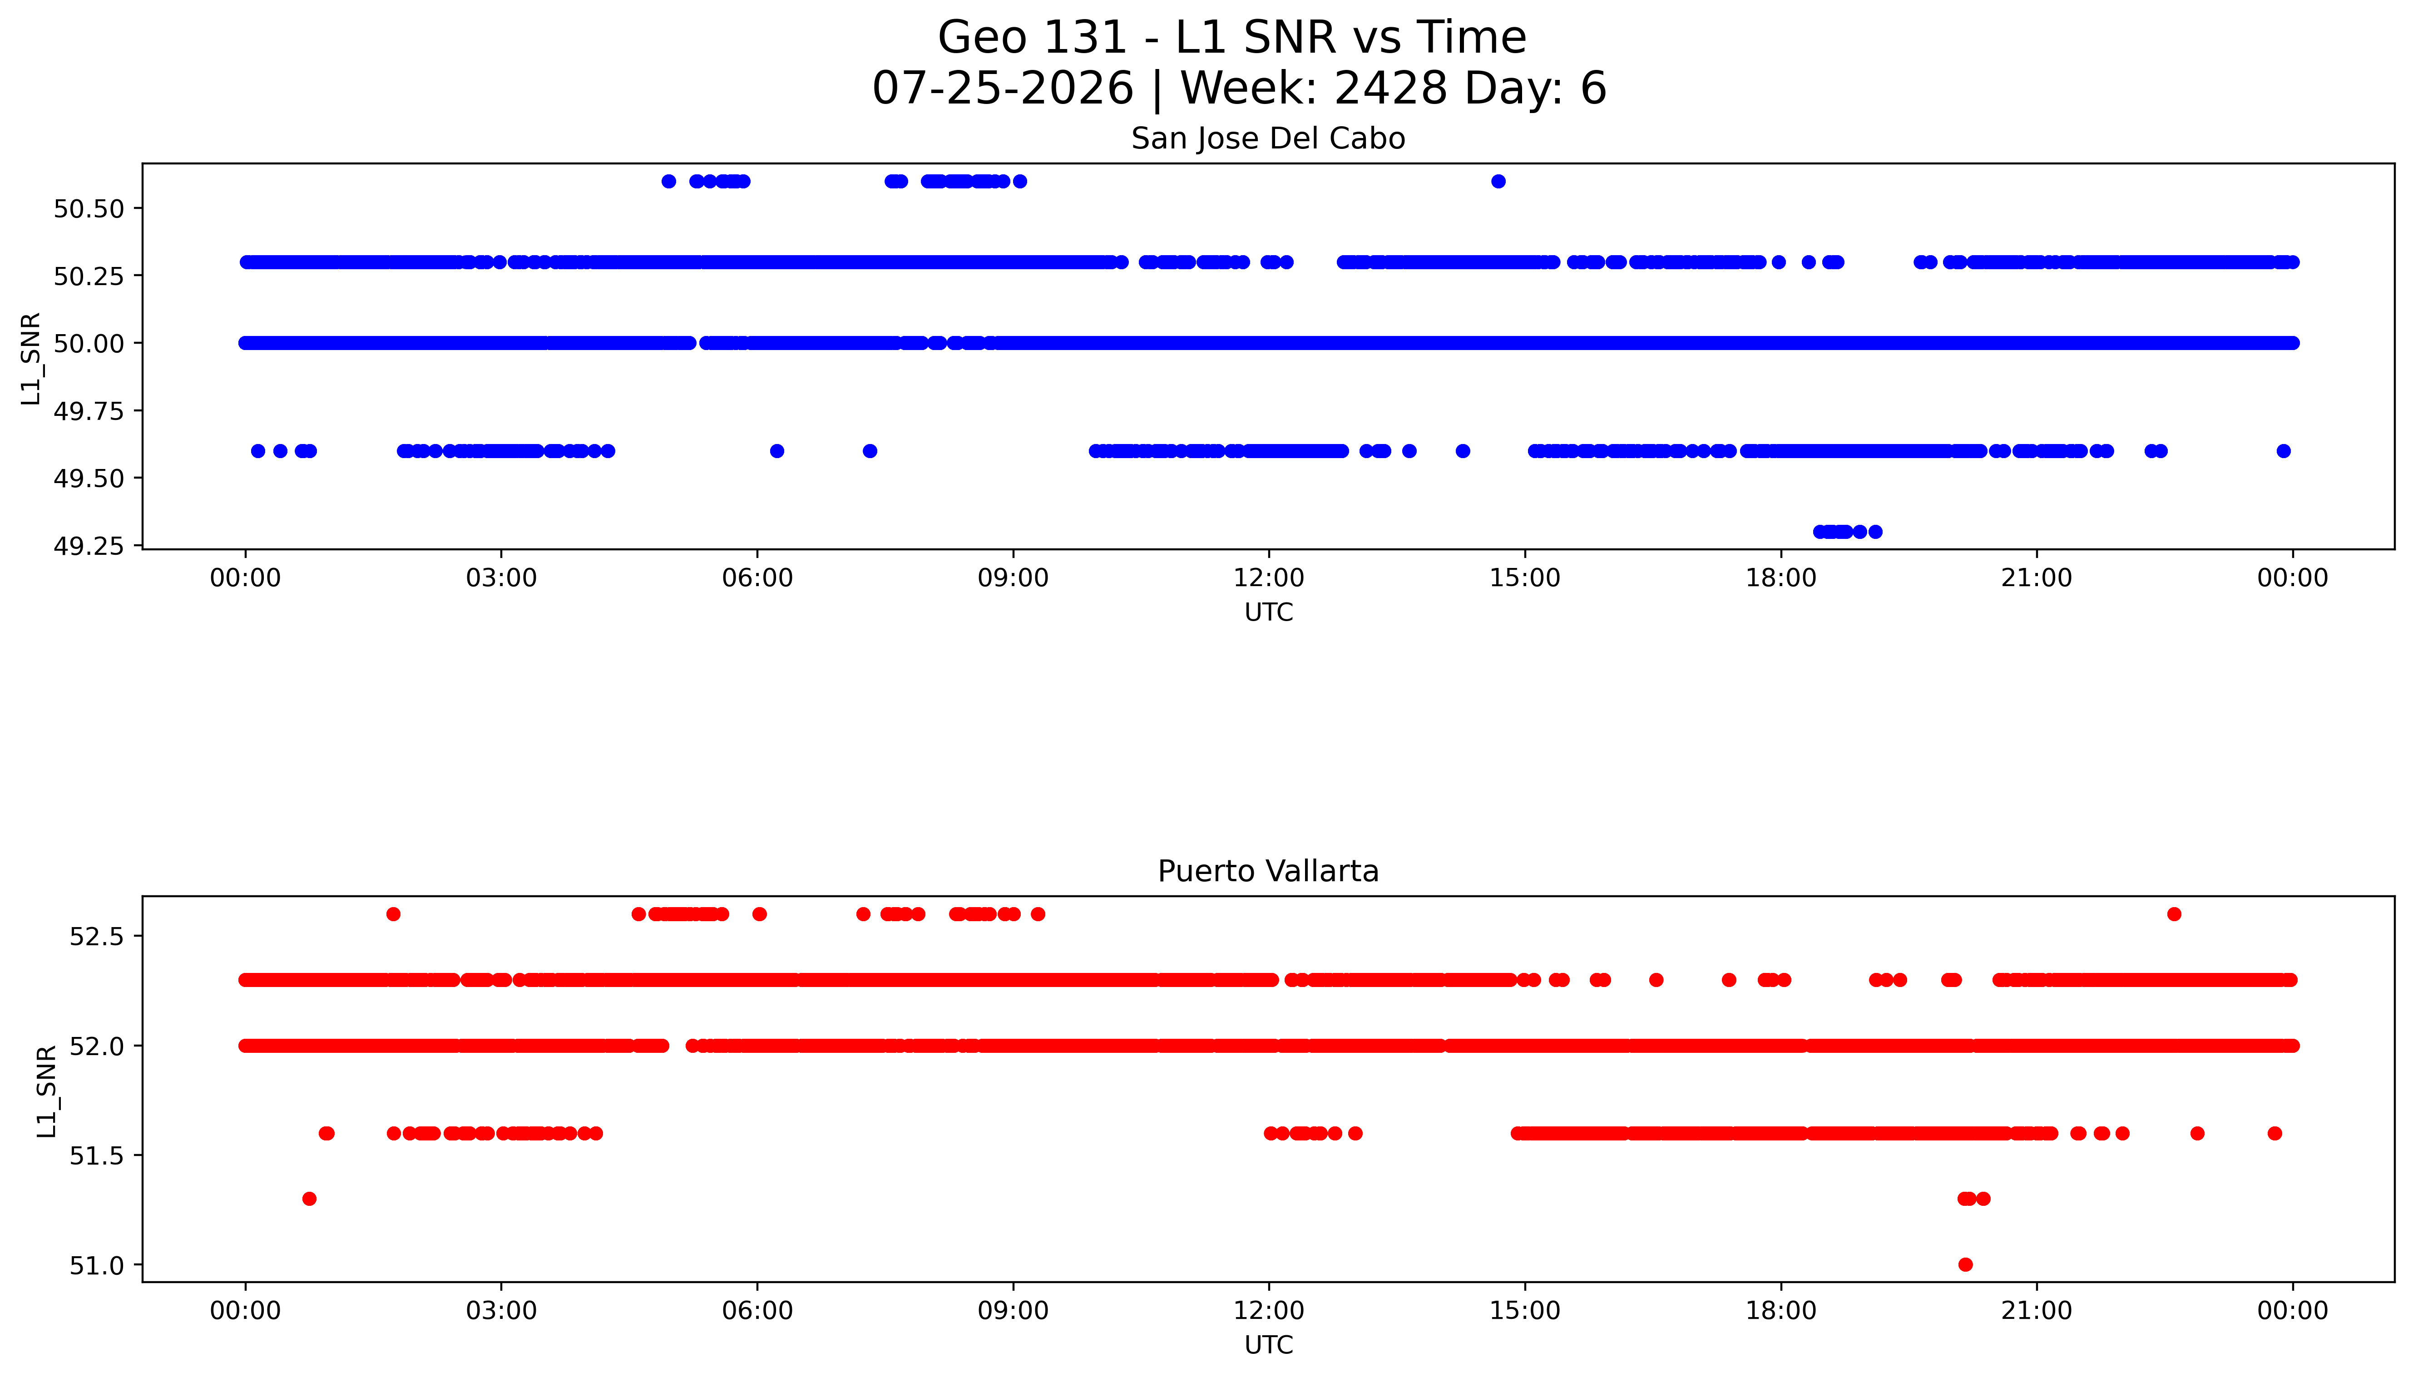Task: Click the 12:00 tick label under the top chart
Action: [x=1268, y=578]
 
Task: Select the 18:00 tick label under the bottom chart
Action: [x=1780, y=1311]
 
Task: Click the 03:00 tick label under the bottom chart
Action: [x=501, y=1311]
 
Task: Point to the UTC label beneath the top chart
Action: [x=1268, y=613]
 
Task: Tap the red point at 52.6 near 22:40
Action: [x=2174, y=913]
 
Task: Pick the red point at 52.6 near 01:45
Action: [x=394, y=913]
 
